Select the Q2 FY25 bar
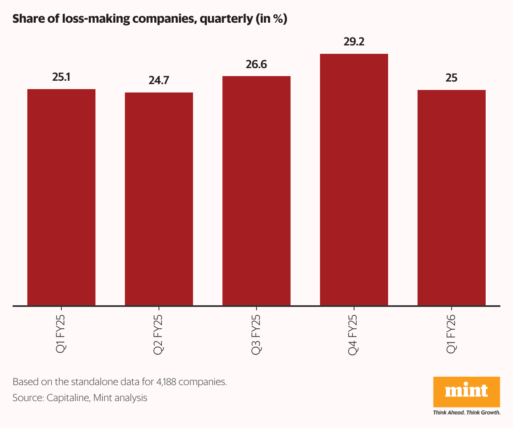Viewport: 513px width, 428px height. click(x=159, y=198)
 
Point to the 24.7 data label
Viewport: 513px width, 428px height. click(x=159, y=80)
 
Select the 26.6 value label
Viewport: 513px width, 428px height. click(x=256, y=65)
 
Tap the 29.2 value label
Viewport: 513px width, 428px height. click(x=354, y=42)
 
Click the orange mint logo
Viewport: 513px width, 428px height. click(x=466, y=391)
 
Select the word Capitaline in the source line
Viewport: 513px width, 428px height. click(x=68, y=398)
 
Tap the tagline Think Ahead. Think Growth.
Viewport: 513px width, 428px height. click(x=466, y=412)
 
